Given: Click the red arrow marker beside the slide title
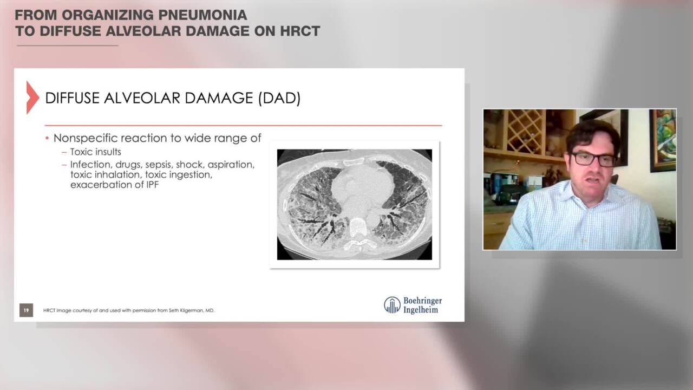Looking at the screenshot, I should tap(32, 97).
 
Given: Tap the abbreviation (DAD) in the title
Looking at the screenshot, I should tap(279, 98).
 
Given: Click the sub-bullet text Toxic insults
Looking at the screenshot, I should tap(95, 152).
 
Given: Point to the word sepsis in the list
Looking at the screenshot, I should tap(159, 164).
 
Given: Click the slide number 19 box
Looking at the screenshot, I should tap(26, 310).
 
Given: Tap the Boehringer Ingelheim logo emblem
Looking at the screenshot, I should tap(392, 305).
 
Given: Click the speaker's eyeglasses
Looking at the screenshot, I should tap(593, 159).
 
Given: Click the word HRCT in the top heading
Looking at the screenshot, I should tap(300, 31).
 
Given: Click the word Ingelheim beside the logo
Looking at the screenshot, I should tap(421, 310).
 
